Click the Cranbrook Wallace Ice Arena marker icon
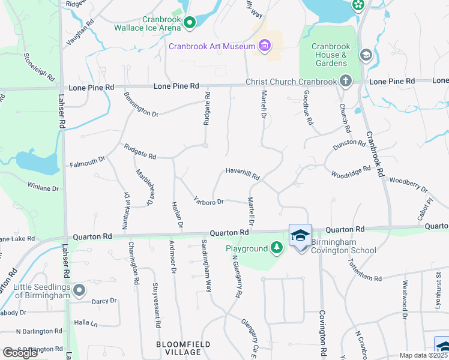[x=190, y=23]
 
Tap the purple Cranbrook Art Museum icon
[x=264, y=46]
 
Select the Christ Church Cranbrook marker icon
[x=345, y=80]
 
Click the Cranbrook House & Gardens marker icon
[x=365, y=55]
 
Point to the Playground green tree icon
[x=276, y=248]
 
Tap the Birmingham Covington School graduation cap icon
[x=300, y=236]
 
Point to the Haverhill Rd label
[x=243, y=173]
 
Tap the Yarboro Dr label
[x=208, y=202]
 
